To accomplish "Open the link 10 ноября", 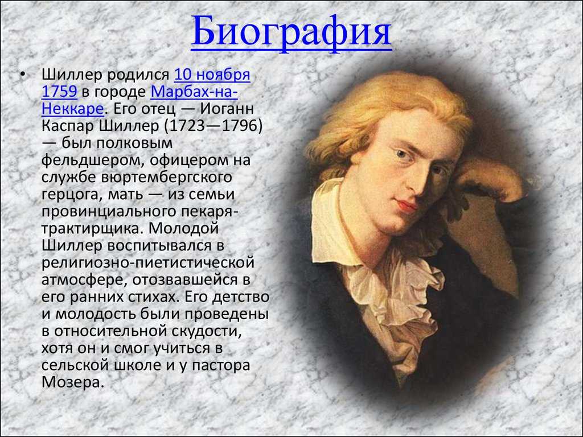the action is [212, 75].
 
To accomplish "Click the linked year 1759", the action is [59, 92].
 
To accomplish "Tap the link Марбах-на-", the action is [194, 92].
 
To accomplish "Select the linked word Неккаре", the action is [72, 109].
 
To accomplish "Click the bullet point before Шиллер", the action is [23, 75].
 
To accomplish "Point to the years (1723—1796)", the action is [214, 126].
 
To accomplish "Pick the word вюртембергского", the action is [166, 177].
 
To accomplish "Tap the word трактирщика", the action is [91, 228].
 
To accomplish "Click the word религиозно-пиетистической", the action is [148, 262].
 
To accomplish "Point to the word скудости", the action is [207, 331].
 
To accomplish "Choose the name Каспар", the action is [68, 126].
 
